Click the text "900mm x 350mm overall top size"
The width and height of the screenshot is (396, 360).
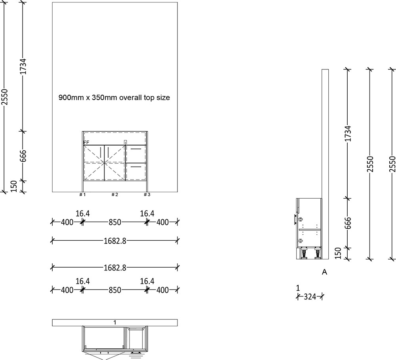(x=114, y=97)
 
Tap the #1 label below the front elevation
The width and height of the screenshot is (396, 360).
(x=82, y=195)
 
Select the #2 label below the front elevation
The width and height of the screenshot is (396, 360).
(x=114, y=195)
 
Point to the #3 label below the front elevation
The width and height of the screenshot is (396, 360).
(x=147, y=195)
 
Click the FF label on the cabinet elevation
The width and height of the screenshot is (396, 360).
(x=86, y=142)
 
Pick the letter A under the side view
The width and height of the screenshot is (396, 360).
(x=324, y=272)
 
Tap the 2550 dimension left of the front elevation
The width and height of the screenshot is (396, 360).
(x=4, y=97)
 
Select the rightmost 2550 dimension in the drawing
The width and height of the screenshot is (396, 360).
(x=392, y=164)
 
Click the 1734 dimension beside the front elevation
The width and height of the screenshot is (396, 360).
(x=23, y=67)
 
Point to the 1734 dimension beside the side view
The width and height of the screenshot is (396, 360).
(x=348, y=134)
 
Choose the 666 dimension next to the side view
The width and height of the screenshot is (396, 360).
(x=348, y=223)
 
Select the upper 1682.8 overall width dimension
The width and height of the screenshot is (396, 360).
(x=114, y=240)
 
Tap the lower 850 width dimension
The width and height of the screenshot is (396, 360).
(x=114, y=290)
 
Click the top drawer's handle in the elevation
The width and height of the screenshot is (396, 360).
(x=136, y=149)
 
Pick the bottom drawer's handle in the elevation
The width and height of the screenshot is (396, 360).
(x=136, y=167)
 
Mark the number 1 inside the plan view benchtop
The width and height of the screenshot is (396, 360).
(x=114, y=322)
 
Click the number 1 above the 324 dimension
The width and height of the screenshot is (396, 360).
(x=298, y=287)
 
